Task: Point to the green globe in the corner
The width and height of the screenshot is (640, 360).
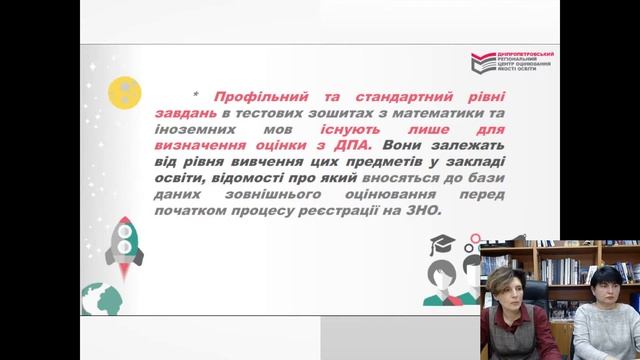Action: point(100,300)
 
